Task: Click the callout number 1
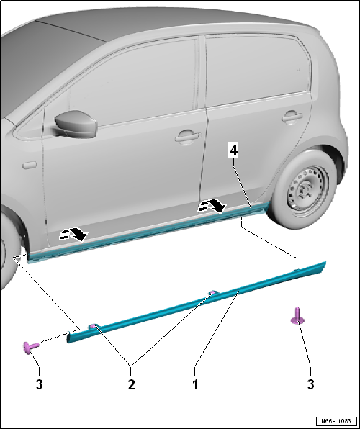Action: (x=195, y=384)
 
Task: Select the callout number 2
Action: (x=131, y=384)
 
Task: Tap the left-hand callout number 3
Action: (x=39, y=384)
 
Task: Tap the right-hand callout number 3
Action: (x=310, y=384)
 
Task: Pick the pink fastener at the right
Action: (x=296, y=315)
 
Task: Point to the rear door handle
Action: (x=291, y=115)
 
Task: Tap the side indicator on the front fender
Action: (x=29, y=164)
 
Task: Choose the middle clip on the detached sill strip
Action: (x=213, y=293)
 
